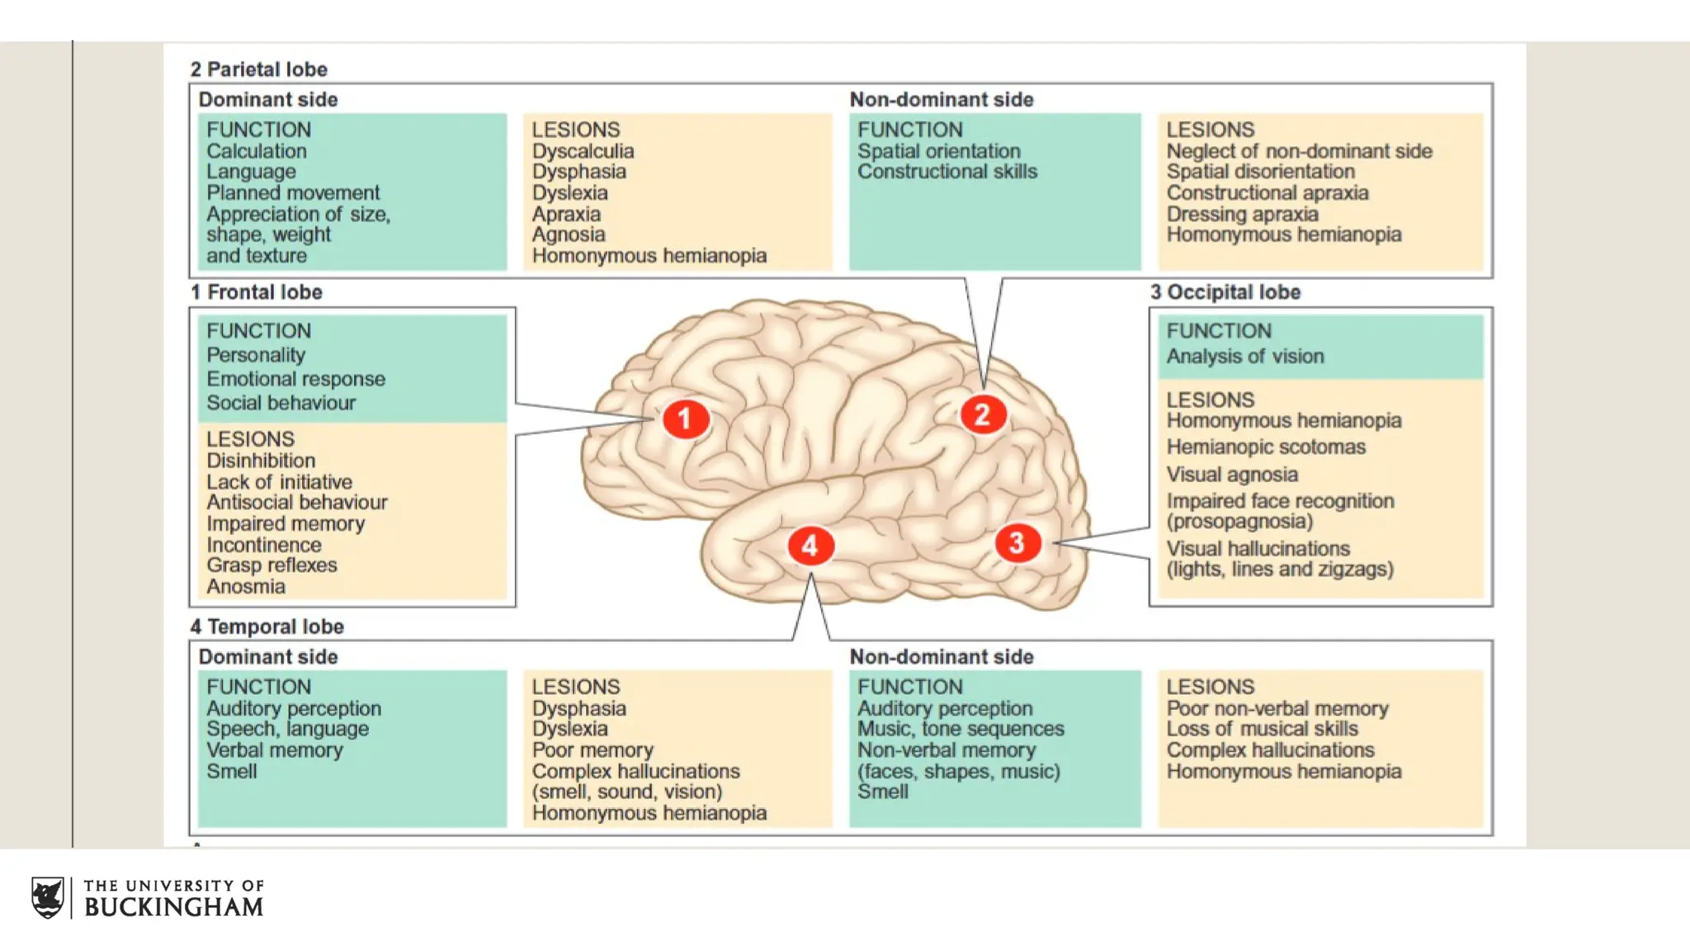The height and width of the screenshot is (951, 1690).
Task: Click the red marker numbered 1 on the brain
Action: tap(685, 419)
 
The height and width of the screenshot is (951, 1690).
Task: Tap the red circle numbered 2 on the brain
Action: tap(982, 414)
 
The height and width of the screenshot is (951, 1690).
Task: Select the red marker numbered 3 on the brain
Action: tap(1017, 543)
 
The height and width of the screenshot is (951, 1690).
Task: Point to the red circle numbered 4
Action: tap(810, 546)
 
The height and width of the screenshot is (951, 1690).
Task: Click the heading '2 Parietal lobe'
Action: tap(259, 69)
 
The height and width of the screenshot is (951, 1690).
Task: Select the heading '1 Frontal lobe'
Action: tap(257, 292)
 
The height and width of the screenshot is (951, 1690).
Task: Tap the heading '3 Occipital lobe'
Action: tap(1225, 292)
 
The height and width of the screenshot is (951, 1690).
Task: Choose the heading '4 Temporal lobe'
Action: tap(267, 627)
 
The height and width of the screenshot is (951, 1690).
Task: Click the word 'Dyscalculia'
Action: tap(583, 151)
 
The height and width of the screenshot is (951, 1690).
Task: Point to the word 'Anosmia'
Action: tap(246, 586)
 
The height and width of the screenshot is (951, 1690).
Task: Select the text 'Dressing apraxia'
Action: tap(1242, 214)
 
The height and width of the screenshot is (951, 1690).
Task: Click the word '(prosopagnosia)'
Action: tap(1239, 522)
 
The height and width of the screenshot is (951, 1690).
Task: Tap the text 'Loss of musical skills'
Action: tap(1262, 729)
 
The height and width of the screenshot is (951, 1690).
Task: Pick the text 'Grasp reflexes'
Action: tap(271, 565)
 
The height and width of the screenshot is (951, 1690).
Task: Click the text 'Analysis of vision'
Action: tap(1244, 357)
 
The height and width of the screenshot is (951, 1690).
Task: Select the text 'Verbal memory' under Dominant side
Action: tap(274, 750)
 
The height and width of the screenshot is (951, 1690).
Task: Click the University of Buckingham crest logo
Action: tap(48, 897)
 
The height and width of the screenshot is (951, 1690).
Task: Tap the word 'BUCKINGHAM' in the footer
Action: tap(173, 907)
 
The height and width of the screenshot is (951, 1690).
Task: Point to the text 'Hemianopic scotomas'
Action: tap(1265, 447)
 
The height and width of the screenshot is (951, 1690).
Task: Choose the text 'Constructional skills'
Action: tap(946, 172)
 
